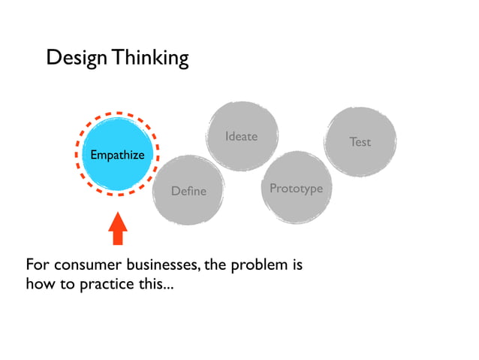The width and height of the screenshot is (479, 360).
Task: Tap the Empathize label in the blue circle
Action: click(x=117, y=155)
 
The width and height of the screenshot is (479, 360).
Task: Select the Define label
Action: click(x=188, y=191)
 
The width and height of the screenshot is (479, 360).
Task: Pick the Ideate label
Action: click(x=241, y=136)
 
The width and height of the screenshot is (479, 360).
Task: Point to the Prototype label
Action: click(x=296, y=188)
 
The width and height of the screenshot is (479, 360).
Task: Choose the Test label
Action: click(x=360, y=141)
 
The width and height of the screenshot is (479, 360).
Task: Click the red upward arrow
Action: click(x=118, y=228)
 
